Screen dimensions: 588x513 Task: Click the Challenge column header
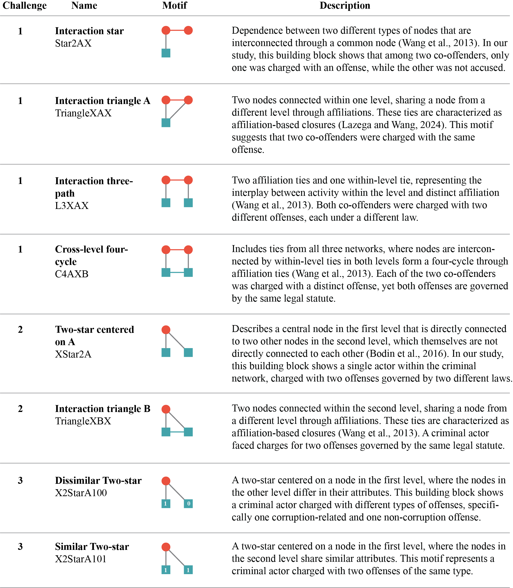(24, 6)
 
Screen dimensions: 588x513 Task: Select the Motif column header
(174, 6)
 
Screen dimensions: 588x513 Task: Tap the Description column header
(345, 6)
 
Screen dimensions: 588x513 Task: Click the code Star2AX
(73, 43)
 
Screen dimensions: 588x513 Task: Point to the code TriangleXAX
(83, 113)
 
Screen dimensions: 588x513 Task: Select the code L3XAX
(72, 205)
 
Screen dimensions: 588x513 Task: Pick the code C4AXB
(72, 274)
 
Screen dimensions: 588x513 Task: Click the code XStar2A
(73, 354)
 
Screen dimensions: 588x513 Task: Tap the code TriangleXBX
(83, 421)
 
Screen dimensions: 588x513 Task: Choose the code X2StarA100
(81, 493)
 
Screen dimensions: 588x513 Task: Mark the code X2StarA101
(81, 559)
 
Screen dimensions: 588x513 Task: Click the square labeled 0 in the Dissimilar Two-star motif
(188, 504)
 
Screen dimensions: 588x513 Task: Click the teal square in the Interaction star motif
(166, 53)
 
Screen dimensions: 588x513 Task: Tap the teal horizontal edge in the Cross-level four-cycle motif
(177, 273)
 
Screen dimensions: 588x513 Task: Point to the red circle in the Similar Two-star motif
(166, 547)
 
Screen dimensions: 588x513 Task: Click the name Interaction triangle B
(103, 409)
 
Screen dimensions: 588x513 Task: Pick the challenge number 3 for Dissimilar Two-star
(20, 480)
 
